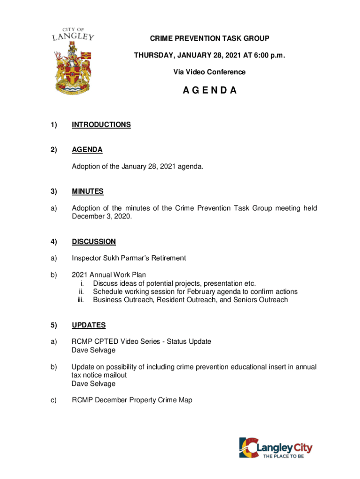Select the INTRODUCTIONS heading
[x=101, y=125]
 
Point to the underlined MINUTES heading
[x=88, y=191]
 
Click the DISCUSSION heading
[x=94, y=242]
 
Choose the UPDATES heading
[x=89, y=325]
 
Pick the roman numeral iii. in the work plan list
[x=80, y=300]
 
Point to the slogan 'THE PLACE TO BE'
[x=283, y=456]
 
